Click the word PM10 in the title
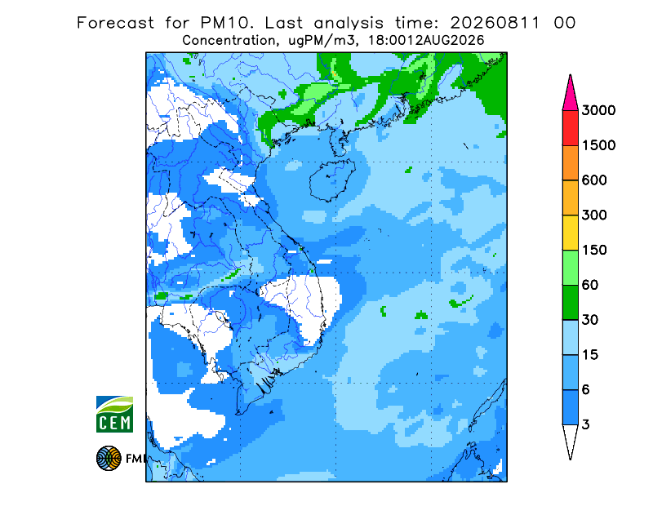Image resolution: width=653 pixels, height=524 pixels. pos(227,23)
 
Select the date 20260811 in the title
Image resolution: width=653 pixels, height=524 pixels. pos(495,23)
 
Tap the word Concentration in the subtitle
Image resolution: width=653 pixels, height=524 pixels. pos(229,41)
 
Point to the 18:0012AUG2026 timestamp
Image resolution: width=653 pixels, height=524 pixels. pos(426,41)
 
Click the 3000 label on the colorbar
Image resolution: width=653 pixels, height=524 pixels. pos(598,110)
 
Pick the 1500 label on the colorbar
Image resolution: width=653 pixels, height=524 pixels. pos(598,145)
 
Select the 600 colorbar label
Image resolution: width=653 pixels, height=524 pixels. pos(594,180)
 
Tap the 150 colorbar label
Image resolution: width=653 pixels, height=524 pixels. pos(594,250)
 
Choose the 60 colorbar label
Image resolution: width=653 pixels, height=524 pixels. pos(590,285)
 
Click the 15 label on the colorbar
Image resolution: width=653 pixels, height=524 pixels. pos(590,355)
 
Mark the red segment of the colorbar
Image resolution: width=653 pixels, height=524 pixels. pos(570,128)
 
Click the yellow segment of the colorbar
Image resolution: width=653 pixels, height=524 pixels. pos(570,233)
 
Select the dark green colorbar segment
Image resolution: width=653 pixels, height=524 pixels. pos(570,303)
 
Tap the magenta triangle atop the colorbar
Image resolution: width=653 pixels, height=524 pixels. pos(570,96)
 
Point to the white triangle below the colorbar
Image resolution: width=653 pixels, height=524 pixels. pos(570,439)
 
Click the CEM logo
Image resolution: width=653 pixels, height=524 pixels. pos(114,414)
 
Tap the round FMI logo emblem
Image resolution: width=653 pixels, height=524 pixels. pos(109,458)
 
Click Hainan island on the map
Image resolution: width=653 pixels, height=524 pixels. pos(332,180)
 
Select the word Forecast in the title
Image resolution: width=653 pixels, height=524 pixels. pos(115,23)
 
